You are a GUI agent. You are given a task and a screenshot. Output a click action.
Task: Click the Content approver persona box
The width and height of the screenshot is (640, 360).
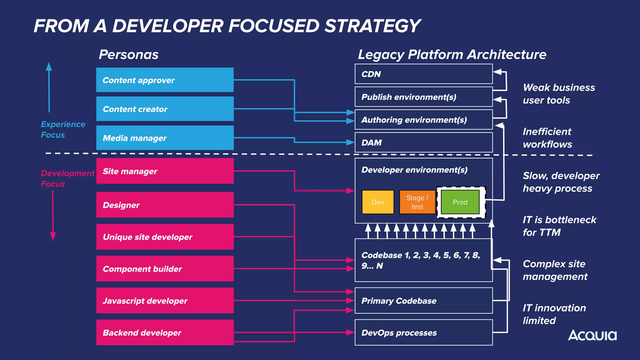165,80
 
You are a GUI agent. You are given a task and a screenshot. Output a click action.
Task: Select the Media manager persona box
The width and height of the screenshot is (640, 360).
165,138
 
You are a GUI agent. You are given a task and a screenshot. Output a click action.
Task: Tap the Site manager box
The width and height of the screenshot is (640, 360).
165,171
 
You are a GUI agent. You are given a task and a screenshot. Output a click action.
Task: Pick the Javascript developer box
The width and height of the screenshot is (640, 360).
165,301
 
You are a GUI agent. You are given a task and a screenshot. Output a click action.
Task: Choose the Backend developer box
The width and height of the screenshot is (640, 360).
165,332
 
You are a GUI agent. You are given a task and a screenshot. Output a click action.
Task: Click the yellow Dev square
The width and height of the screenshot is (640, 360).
378,202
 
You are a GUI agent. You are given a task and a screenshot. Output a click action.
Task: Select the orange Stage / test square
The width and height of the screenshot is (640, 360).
417,202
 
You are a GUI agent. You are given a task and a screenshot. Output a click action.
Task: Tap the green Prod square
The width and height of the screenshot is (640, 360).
460,202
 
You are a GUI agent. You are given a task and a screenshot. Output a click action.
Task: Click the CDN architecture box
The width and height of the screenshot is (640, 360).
423,74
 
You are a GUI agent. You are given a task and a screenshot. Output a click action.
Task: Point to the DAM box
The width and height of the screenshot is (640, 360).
423,142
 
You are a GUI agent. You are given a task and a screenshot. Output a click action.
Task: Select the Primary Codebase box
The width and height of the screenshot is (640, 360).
423,301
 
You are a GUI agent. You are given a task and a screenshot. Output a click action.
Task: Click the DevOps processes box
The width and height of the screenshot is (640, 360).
423,332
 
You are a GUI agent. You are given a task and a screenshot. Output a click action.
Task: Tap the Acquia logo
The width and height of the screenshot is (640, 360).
592,335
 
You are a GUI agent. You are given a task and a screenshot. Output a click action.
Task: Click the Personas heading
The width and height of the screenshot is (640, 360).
129,54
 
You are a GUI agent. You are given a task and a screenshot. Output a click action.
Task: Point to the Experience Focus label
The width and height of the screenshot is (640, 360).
63,129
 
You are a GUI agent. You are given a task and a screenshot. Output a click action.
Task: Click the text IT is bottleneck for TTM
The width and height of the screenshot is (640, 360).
559,226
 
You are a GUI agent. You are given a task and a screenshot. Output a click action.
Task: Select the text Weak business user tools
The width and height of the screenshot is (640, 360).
558,94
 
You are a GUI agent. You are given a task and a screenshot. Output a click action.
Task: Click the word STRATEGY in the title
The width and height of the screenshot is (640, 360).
372,26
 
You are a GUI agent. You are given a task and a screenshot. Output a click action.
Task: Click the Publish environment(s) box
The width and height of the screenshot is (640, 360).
423,97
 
